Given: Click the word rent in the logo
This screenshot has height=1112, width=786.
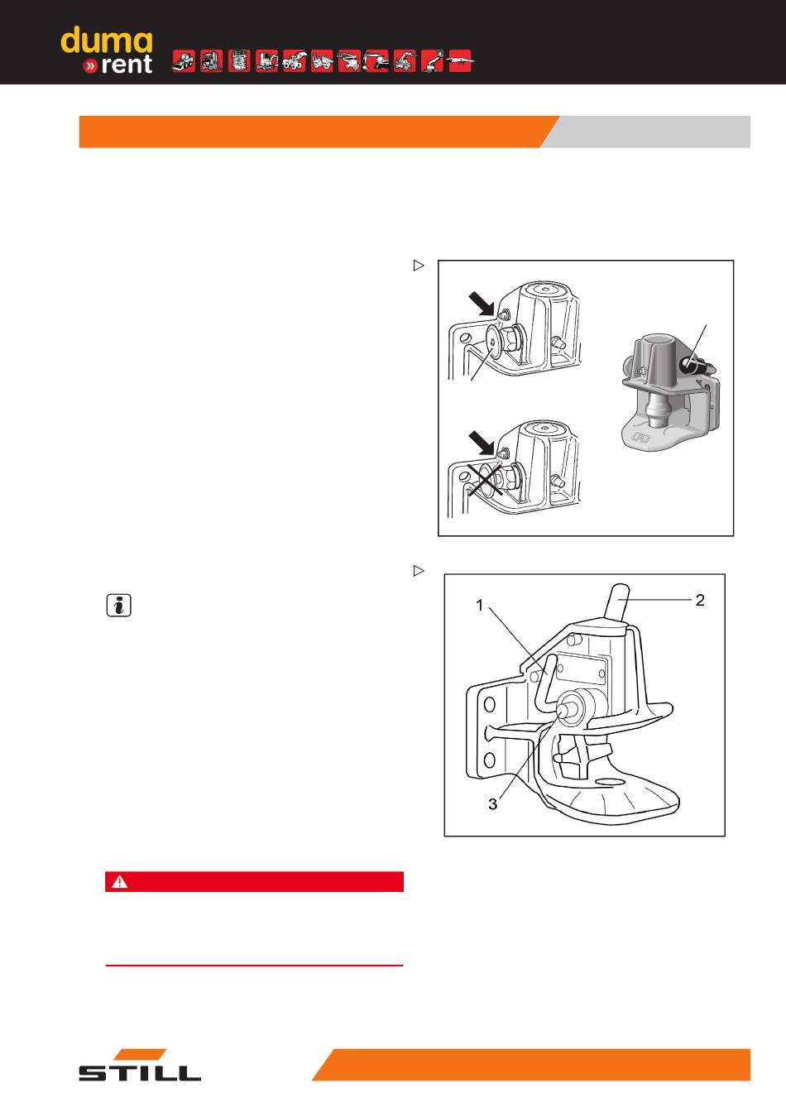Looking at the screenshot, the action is (126, 65).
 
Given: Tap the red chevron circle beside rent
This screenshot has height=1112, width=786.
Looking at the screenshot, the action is (90, 65).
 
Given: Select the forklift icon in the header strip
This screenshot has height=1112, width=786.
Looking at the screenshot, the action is (212, 61).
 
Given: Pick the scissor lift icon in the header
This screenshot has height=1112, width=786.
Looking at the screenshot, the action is (239, 61).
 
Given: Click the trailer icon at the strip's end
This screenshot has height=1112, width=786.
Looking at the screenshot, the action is (460, 61).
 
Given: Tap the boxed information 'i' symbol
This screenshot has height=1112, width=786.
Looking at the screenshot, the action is (118, 605).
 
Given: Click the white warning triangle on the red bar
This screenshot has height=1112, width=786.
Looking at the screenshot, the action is (120, 882).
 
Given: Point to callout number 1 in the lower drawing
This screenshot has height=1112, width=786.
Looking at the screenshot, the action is (479, 605).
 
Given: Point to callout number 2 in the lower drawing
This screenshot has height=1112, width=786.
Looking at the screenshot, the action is (700, 600).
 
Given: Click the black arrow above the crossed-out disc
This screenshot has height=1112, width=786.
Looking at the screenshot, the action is (482, 443).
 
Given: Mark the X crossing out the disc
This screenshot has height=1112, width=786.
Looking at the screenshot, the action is (485, 481).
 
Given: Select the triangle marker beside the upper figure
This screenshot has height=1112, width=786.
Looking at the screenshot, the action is (419, 266).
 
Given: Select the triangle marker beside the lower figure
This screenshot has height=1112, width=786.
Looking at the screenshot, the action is (419, 571).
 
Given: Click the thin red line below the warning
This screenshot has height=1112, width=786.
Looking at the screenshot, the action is (254, 966).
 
